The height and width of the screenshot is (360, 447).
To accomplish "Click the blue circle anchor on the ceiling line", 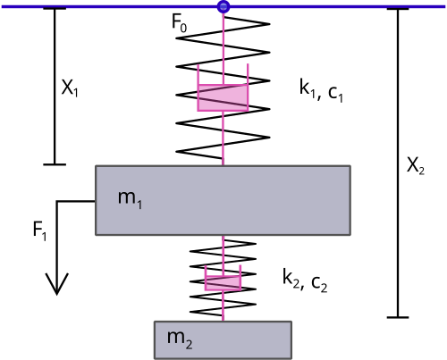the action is coord(223,6).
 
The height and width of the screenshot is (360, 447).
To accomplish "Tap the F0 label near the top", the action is coord(180,22).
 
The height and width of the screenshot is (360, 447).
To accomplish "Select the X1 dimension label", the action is coord(70,88).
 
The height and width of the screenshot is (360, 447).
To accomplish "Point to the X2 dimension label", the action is coord(416,165).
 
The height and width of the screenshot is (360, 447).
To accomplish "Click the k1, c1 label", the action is coord(321,91).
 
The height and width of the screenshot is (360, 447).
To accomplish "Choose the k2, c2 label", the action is coord(305,280).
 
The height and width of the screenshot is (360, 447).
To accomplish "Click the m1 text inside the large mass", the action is coord(130,199).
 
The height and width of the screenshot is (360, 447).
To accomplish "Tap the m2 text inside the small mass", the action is coord(180,339).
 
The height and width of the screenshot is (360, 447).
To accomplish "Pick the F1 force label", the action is coord(39,231).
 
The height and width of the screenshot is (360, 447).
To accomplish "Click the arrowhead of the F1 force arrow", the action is coord(57,284).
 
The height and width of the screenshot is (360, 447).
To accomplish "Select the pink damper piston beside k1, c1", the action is coord(223,97).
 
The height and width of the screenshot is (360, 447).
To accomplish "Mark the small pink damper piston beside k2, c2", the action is coord(223,283).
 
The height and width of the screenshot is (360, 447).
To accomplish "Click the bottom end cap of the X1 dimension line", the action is coord(55,164).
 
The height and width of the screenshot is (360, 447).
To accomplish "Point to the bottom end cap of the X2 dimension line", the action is coord(398,317).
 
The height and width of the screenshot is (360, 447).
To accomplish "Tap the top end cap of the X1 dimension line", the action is coord(55,9).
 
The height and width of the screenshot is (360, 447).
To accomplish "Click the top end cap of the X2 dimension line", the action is coord(398,9).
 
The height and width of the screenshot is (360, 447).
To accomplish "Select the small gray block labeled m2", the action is coord(223,340).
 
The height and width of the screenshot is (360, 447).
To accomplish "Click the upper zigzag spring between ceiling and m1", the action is coord(223,87).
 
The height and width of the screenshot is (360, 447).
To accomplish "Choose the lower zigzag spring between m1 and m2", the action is coord(223,278).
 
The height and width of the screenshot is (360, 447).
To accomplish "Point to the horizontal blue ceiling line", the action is coord(119,6).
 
